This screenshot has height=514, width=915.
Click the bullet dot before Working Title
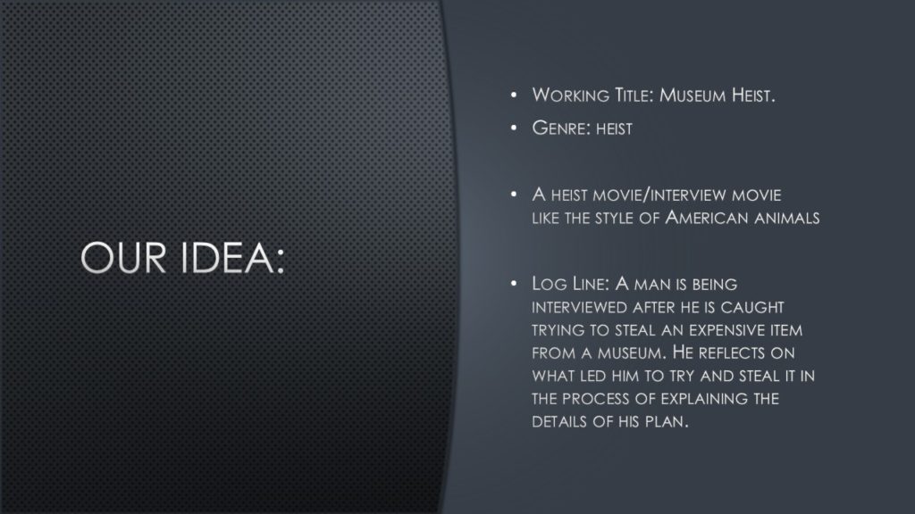[x=514, y=95]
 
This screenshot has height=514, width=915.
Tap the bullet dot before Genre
[x=514, y=128]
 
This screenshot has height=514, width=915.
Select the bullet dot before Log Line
[x=514, y=284]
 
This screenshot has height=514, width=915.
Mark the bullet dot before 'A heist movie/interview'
[x=514, y=194]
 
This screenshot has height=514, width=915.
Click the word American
[x=707, y=218]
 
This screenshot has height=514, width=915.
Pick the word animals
[x=786, y=218]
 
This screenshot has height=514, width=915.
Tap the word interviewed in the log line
[x=579, y=307]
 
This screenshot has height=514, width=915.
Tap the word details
[x=560, y=421]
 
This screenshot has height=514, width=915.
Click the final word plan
[x=667, y=421]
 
